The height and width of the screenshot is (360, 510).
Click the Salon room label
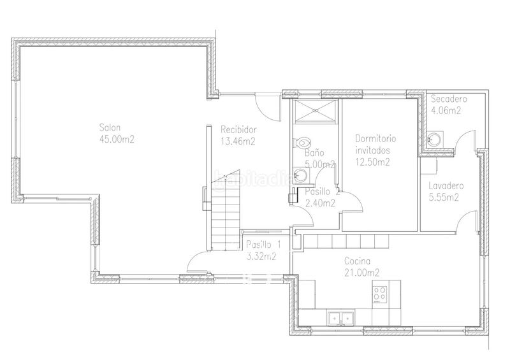110,127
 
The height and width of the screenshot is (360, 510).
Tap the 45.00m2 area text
117,139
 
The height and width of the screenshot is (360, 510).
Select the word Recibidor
238,129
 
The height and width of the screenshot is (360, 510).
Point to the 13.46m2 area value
238,141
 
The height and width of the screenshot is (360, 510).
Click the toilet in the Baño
303,143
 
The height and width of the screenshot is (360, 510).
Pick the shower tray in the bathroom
314,112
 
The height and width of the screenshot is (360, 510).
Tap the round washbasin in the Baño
300,175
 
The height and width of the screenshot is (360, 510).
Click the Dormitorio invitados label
375,145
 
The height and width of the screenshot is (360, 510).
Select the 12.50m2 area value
372,162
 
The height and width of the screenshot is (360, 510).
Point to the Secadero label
449,99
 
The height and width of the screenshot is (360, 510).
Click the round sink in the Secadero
434,139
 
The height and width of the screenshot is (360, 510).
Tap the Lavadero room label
446,185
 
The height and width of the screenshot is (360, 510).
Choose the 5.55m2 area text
444,197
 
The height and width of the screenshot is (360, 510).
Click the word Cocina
357,261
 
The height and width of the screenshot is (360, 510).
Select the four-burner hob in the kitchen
379,294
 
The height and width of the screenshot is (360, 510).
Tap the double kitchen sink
340,319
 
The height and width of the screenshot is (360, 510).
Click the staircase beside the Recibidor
226,210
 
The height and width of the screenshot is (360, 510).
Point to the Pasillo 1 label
263,244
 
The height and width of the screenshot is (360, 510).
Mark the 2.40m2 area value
320,203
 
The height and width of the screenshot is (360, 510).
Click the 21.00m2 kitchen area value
361,273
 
